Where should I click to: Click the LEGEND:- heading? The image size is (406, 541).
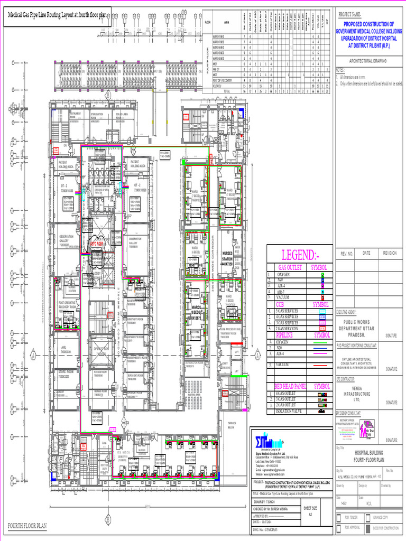click(x=299, y=256)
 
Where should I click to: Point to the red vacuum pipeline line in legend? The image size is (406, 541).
click(x=322, y=365)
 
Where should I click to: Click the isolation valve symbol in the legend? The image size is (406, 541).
click(x=322, y=411)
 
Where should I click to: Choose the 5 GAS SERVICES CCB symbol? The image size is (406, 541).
click(x=322, y=311)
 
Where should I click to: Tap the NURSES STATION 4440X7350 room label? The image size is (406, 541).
click(x=227, y=256)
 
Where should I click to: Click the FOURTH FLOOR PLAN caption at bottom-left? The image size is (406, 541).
click(x=27, y=526)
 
